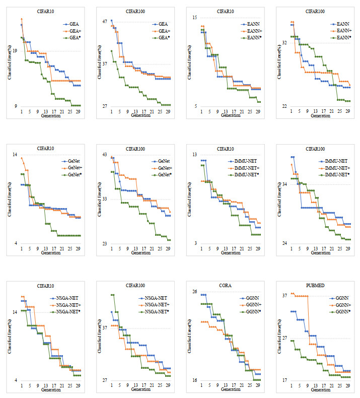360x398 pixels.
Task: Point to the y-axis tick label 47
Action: (105, 22)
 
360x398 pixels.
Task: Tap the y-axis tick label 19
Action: (15, 50)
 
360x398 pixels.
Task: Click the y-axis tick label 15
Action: (194, 18)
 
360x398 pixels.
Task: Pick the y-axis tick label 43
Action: (105, 154)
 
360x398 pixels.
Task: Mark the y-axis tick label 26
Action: (194, 292)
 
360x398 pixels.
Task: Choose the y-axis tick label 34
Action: (284, 184)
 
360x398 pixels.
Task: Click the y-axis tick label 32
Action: (284, 43)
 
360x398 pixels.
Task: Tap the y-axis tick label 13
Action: (194, 154)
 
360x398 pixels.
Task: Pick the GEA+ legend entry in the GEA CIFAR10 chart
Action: (75, 31)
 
